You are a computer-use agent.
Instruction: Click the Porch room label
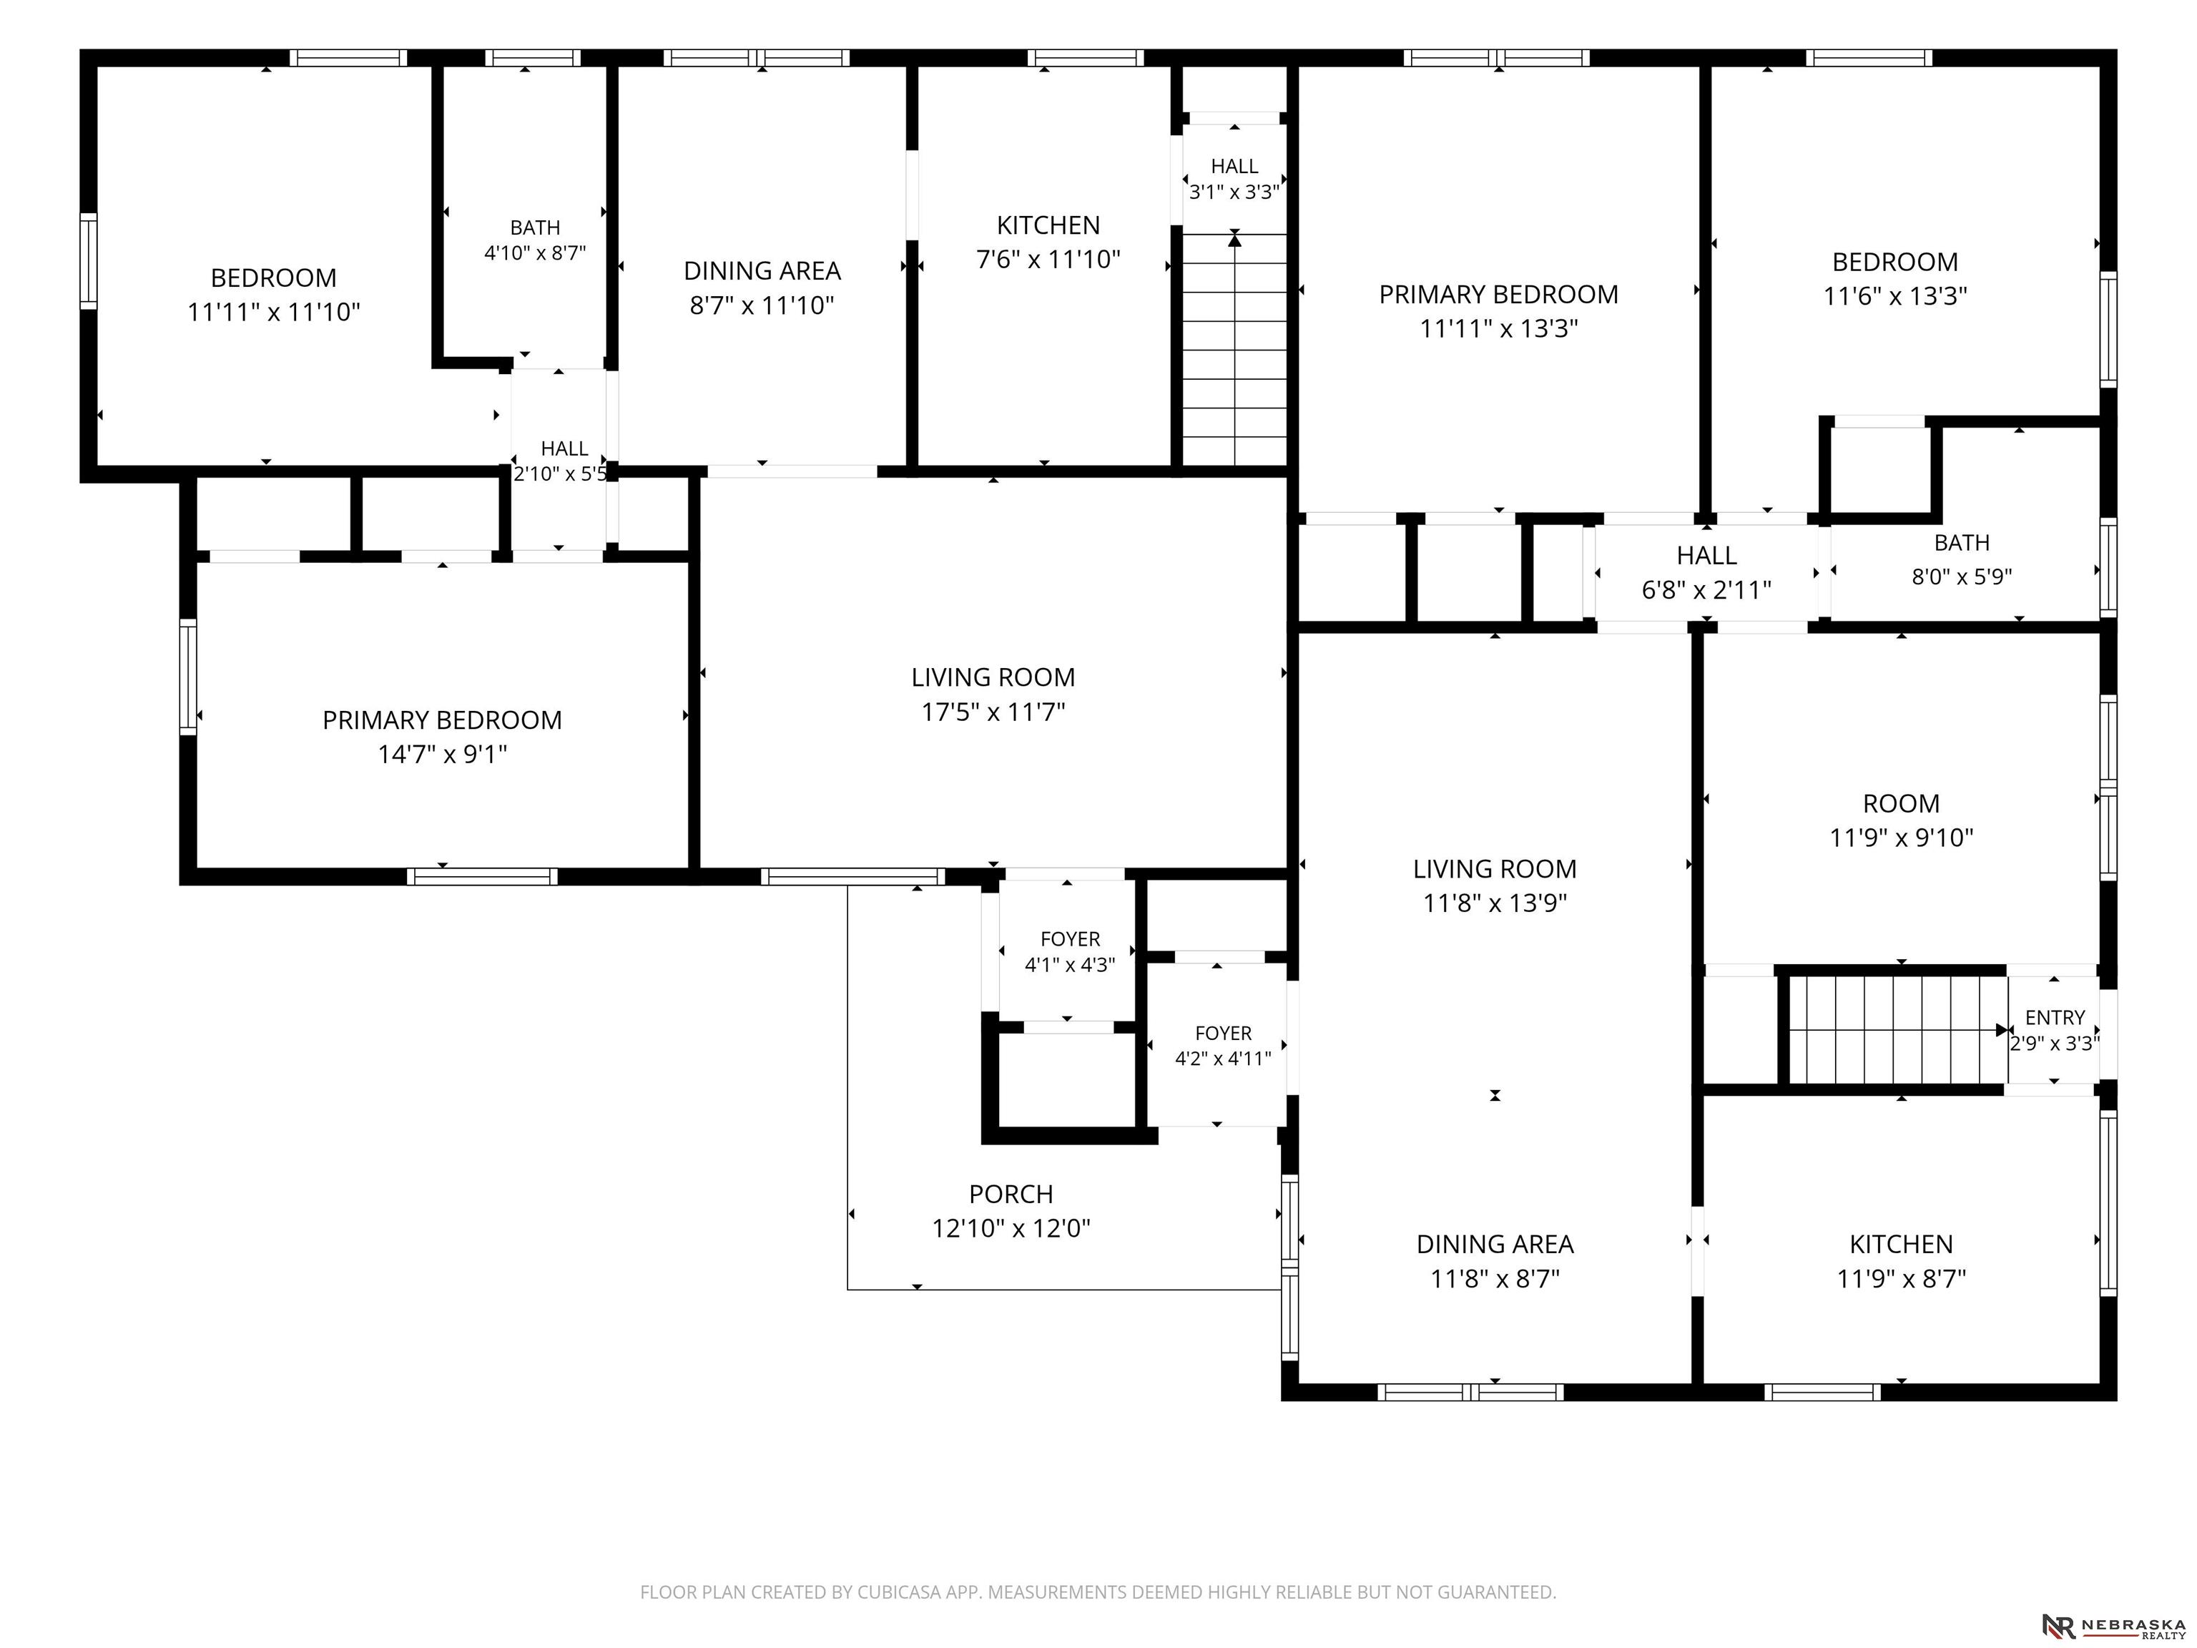[x=1011, y=1211]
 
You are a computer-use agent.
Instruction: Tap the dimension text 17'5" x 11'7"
[x=993, y=711]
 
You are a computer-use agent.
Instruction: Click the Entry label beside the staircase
[x=2055, y=1030]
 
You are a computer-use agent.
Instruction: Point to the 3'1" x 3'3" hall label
[x=1234, y=179]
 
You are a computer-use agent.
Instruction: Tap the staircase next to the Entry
[x=1898, y=1030]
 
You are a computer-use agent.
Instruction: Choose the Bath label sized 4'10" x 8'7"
[x=536, y=240]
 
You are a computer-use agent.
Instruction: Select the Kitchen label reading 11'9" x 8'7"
[x=1901, y=1260]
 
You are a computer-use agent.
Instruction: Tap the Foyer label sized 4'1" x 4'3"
[x=1070, y=951]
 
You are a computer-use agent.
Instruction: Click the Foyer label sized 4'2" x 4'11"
[x=1223, y=1045]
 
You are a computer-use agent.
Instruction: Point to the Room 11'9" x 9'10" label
[x=1901, y=820]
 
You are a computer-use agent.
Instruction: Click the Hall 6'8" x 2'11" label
[x=1706, y=572]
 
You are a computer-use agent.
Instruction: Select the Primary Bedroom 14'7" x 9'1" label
[x=442, y=736]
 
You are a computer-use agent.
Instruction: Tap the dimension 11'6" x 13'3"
[x=1895, y=296]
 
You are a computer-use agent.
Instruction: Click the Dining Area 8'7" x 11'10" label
[x=762, y=287]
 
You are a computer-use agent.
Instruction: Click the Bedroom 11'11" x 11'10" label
[x=273, y=294]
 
